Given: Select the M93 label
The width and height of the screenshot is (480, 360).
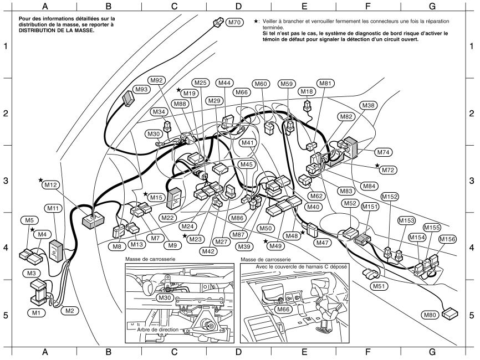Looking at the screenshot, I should point(141,89).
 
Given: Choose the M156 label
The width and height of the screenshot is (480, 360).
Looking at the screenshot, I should point(447,239).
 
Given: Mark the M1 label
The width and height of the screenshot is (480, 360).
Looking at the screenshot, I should point(36,312).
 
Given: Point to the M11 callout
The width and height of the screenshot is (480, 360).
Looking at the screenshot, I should point(53,208).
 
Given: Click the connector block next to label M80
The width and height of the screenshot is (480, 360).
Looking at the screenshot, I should point(452,313).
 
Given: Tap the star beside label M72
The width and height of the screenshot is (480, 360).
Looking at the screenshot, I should point(377,166).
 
